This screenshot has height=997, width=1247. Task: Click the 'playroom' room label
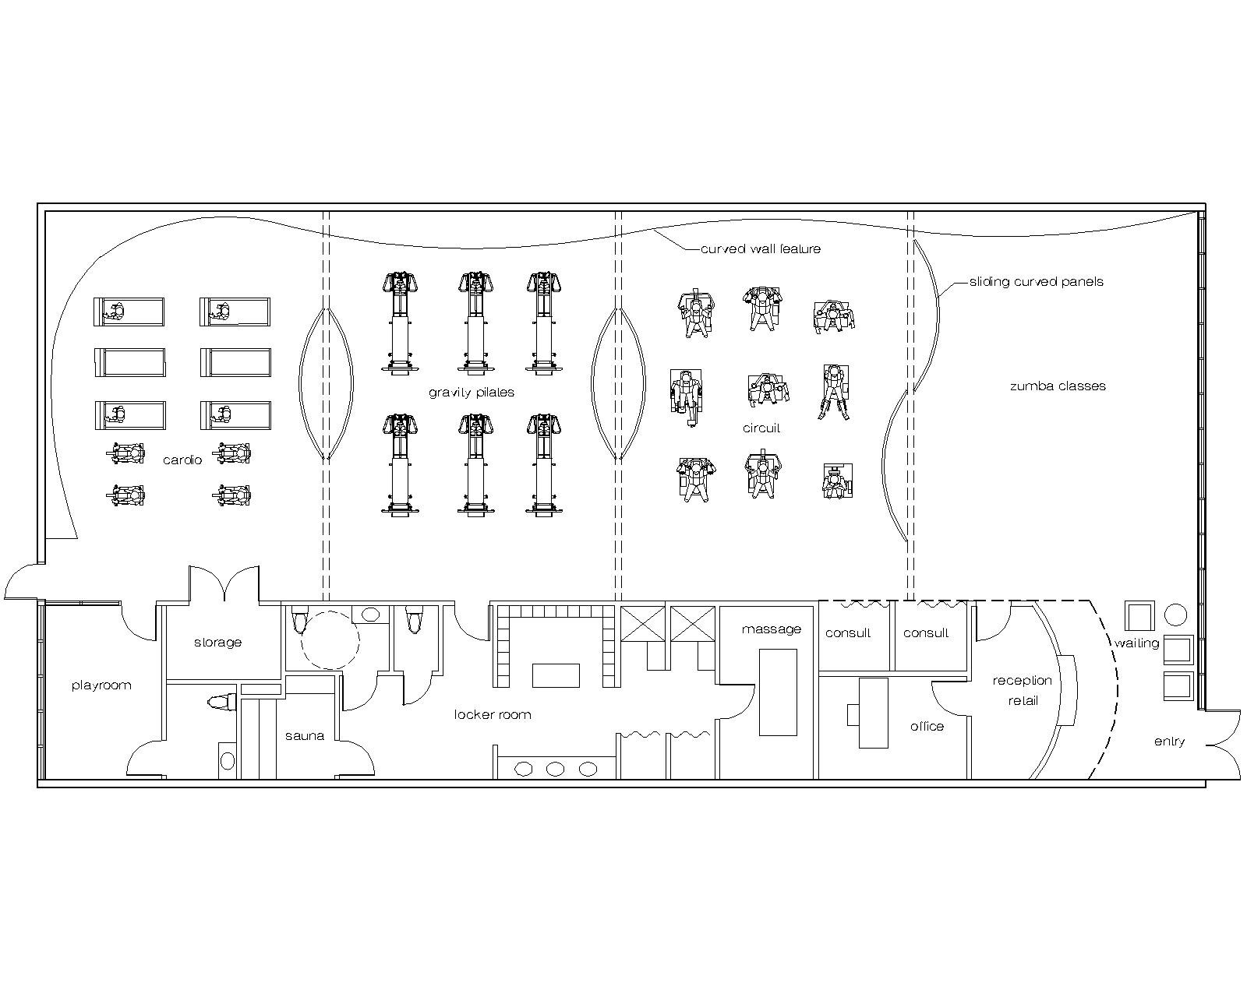[x=101, y=685]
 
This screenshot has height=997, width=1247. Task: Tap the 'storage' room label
[x=218, y=643]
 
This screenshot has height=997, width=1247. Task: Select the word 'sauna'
[x=304, y=736]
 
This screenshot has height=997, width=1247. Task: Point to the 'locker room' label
[x=493, y=715]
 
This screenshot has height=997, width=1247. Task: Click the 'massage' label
[x=772, y=629]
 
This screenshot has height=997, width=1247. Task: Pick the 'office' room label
[x=927, y=727]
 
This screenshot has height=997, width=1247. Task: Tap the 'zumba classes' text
[x=1058, y=386]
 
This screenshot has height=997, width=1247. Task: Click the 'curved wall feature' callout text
[x=760, y=249]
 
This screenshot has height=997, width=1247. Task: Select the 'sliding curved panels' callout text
[x=1036, y=282]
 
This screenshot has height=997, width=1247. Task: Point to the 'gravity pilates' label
[x=471, y=393]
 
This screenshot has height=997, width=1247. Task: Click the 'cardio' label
[x=182, y=460]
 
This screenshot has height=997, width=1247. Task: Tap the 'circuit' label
[x=761, y=428]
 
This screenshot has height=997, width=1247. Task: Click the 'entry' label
[x=1169, y=742]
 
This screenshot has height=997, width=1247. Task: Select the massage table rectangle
[x=778, y=692]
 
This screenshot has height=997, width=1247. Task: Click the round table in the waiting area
[x=1175, y=615]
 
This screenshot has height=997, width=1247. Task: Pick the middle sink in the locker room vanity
[x=555, y=770]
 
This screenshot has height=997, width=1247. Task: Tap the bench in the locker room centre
[x=556, y=675]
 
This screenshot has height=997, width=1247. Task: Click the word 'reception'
[x=1022, y=681]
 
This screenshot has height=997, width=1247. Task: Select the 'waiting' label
[x=1137, y=643]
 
